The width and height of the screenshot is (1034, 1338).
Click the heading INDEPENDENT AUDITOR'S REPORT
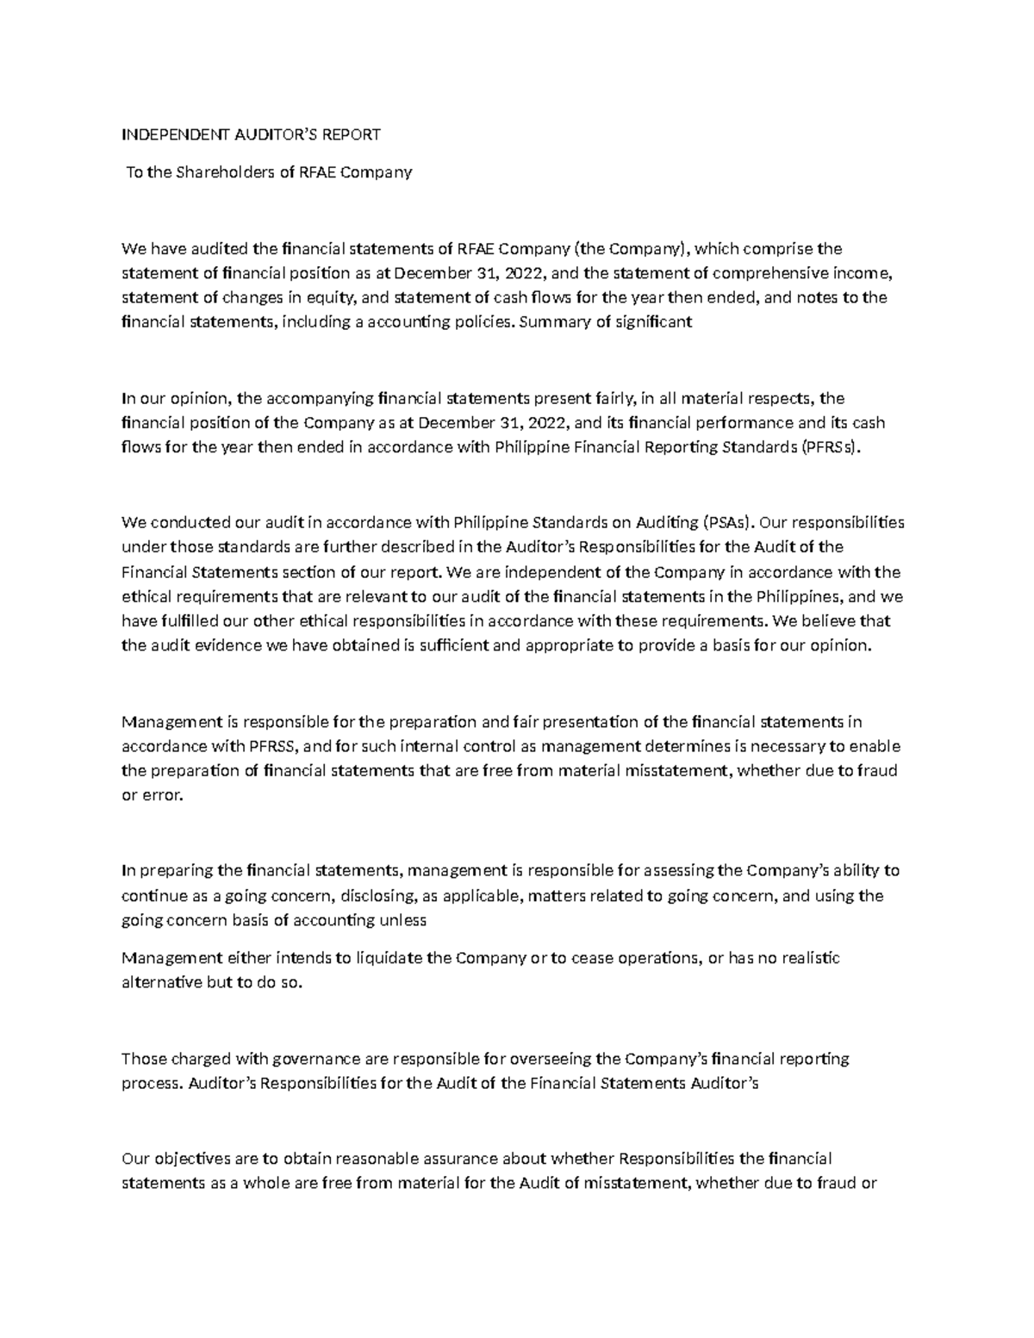point(251,134)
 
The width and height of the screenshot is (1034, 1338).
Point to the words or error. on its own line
point(153,796)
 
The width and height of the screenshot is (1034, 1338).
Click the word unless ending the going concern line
point(402,920)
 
